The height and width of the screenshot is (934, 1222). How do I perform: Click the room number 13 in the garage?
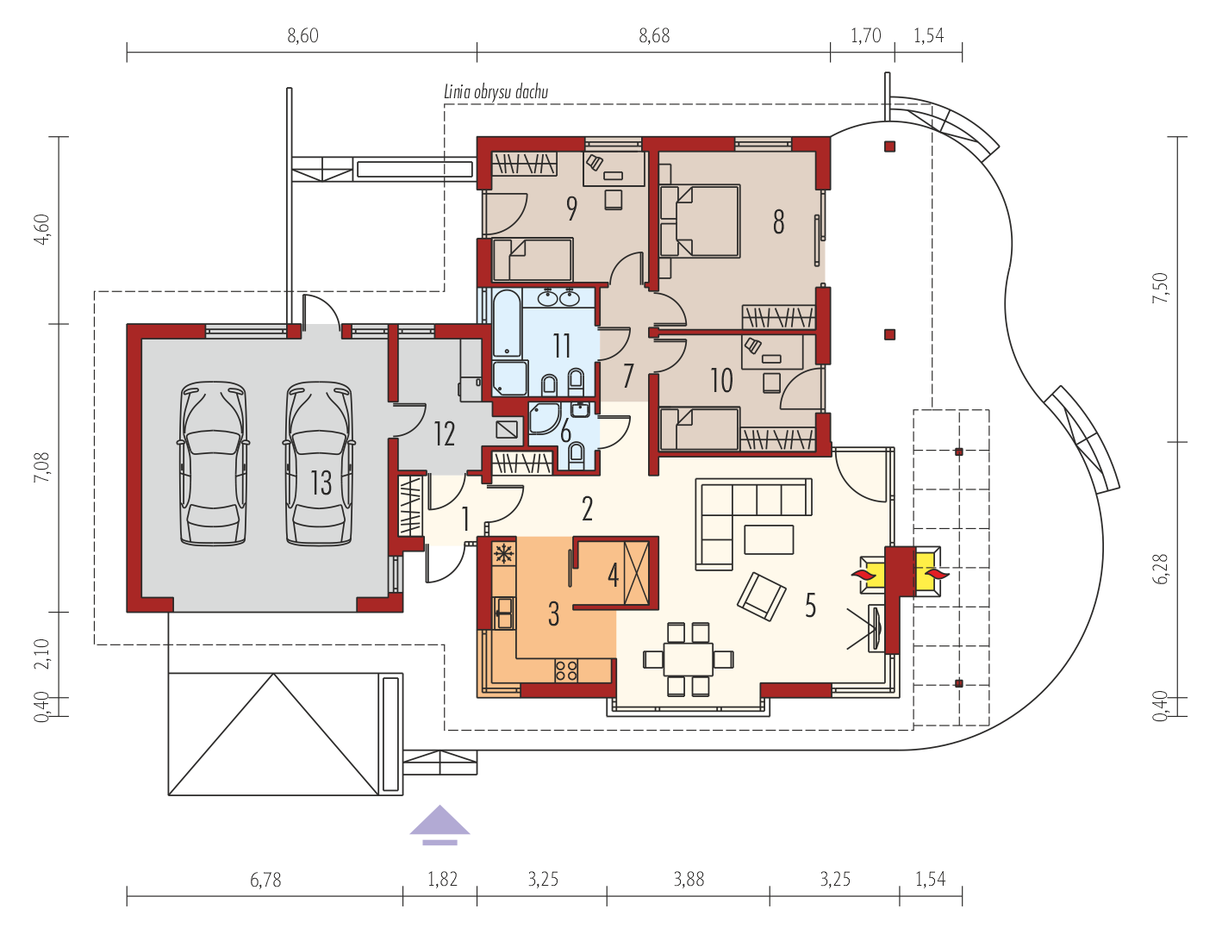point(321,483)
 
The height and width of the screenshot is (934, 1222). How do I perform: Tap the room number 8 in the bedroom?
point(779,221)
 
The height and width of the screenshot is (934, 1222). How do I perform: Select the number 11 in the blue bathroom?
point(562,346)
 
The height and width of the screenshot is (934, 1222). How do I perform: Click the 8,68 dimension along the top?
point(654,36)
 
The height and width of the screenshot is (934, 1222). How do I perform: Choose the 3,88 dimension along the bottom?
point(689,880)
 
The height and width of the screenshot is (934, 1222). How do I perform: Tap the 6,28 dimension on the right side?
point(1160,569)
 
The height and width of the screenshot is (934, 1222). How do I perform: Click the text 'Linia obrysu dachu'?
point(496,92)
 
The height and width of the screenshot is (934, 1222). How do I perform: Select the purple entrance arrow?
point(440,825)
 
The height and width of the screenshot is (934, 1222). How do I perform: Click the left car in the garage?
point(213,463)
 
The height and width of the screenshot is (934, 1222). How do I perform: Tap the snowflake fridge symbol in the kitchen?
point(504,554)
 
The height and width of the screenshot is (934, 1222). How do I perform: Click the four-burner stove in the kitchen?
point(566,670)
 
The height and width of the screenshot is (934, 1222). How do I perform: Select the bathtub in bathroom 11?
point(507,323)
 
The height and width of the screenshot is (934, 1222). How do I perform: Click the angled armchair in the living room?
point(761,597)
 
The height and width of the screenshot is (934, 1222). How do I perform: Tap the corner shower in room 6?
point(544,419)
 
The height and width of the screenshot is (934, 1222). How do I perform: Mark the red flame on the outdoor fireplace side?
point(933,574)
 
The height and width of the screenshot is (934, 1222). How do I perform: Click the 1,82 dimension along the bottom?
point(443,880)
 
